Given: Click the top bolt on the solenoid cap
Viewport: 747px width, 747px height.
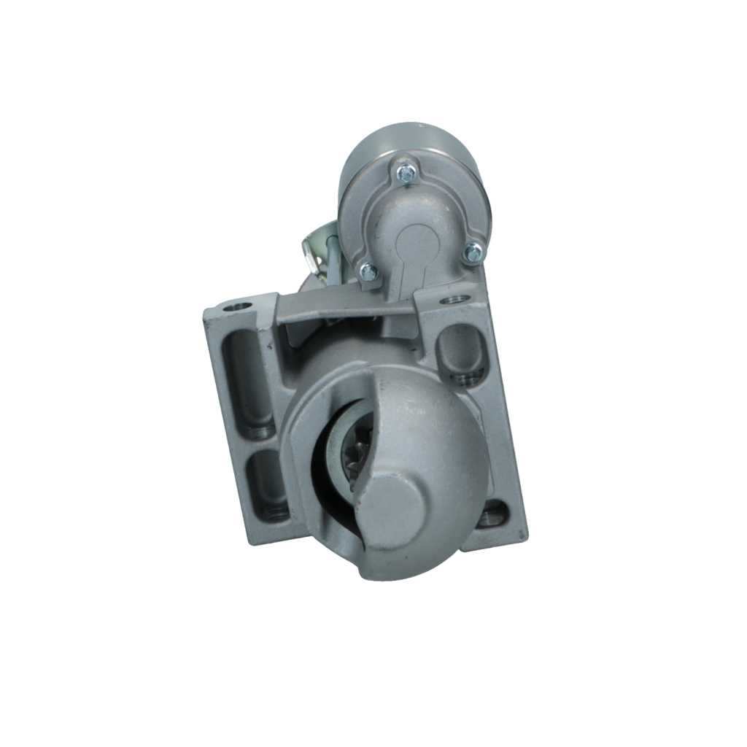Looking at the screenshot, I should pos(406,173).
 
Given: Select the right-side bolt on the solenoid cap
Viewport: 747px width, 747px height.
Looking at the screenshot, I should pos(473,252).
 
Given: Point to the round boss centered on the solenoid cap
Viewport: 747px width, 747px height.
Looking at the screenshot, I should pos(418,241).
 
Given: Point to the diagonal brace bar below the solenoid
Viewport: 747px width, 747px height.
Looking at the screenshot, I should pos(350,310).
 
